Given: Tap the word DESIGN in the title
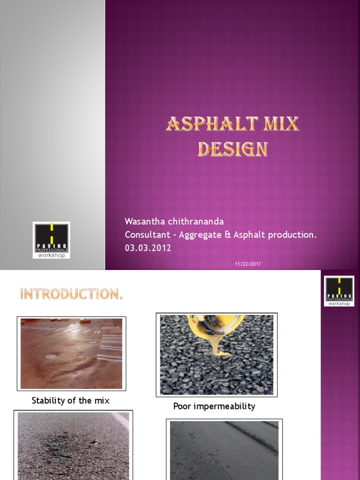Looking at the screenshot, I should pyautogui.click(x=232, y=149).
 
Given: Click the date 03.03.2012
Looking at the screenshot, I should pyautogui.click(x=148, y=248).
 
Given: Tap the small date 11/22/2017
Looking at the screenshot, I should pyautogui.click(x=248, y=264).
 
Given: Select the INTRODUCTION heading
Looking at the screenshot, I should pyautogui.click(x=71, y=294).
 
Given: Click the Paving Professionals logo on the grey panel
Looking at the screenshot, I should pyautogui.click(x=52, y=240).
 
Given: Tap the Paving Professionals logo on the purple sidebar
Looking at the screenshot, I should pyautogui.click(x=339, y=291).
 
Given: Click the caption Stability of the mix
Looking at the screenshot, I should pyautogui.click(x=70, y=401).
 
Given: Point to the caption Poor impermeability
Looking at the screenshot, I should pyautogui.click(x=214, y=406).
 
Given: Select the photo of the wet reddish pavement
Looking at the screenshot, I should pyautogui.click(x=71, y=353).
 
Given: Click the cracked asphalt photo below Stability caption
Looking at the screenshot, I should pyautogui.click(x=73, y=445).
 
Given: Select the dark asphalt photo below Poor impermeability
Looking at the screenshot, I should pyautogui.click(x=224, y=450).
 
